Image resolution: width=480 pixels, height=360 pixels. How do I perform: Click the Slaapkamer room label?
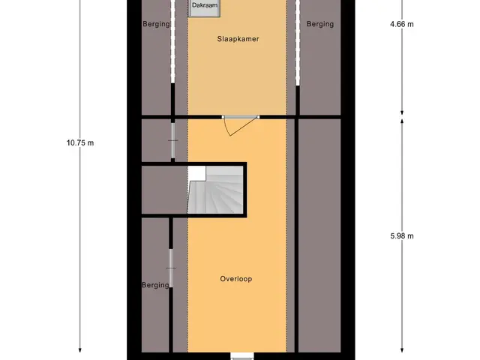coord(238,39)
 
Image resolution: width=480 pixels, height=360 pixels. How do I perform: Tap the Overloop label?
coord(236,279)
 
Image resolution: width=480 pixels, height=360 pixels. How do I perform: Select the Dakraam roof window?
coord(204,8)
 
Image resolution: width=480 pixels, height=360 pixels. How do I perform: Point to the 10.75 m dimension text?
coord(80,143)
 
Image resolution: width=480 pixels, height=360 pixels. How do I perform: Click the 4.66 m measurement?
coord(402,24)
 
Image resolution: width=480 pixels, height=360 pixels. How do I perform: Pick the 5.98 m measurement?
coord(402,236)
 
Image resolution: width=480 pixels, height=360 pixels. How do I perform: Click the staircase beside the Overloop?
coord(215,190)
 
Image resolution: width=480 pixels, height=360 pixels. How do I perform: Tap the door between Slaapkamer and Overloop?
coord(240,124)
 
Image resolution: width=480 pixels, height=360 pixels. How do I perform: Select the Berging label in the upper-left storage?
coord(156,24)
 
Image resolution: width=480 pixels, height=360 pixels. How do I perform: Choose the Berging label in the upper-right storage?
coord(320,24)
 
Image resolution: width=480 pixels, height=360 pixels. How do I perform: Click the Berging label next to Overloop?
coord(155,285)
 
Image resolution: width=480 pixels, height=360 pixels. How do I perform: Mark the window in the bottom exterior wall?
coord(242,356)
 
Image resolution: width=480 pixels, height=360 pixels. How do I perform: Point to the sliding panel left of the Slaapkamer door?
coord(173,140)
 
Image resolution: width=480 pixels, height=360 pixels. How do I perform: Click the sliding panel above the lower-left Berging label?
coord(171,268)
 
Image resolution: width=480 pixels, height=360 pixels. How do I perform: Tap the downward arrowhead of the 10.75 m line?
coord(80,350)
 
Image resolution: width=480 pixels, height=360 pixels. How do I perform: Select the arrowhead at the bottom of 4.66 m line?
coord(402,112)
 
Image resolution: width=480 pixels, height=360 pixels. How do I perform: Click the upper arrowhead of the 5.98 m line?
coord(402,121)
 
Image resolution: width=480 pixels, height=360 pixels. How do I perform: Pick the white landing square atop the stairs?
coord(196,173)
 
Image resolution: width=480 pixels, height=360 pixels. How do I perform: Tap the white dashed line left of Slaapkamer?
coord(173,41)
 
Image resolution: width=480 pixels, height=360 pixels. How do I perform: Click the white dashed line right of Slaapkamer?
coord(298,43)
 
